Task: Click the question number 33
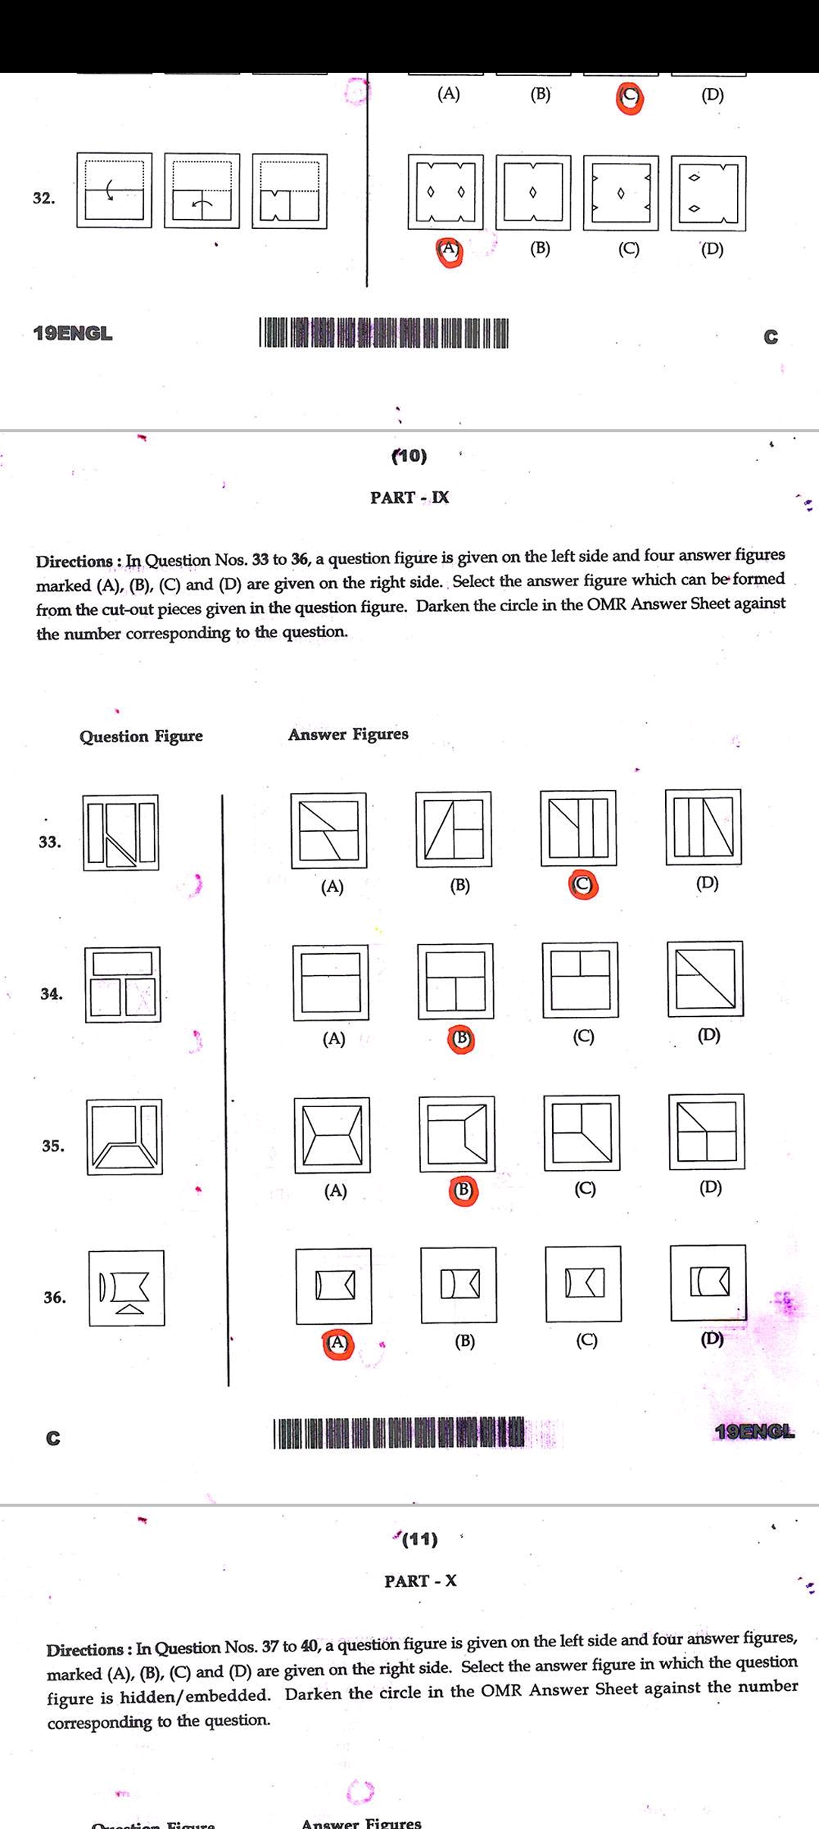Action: click(49, 842)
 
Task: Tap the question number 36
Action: click(54, 1297)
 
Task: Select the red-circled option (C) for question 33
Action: click(582, 885)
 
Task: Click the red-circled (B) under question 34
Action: click(461, 1038)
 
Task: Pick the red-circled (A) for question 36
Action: click(337, 1344)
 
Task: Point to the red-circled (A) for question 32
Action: click(449, 249)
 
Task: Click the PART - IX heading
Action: click(409, 497)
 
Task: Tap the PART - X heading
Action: click(420, 1581)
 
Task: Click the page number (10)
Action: click(409, 456)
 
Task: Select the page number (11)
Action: click(419, 1539)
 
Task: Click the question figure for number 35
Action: click(124, 1137)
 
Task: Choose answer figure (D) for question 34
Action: click(705, 979)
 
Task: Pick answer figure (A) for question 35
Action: click(332, 1135)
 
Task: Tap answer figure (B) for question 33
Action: click(453, 830)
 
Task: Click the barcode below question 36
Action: click(399, 1432)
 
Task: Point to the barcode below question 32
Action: click(384, 333)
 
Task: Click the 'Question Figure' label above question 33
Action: click(141, 736)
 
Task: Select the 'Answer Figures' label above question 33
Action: click(348, 734)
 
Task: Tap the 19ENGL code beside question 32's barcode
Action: click(73, 334)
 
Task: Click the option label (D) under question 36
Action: click(711, 1339)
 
